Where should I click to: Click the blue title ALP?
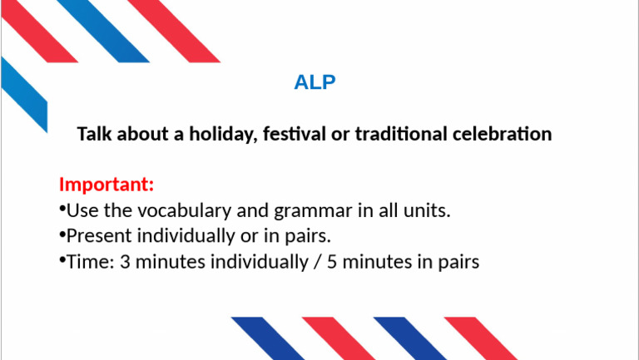point(315,82)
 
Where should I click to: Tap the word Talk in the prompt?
point(94,134)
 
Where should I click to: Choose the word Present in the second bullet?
point(95,236)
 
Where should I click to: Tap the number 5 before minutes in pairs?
point(332,262)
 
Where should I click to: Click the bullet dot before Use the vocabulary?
point(62,208)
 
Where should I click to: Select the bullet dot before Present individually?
point(62,234)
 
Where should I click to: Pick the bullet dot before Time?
point(62,259)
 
